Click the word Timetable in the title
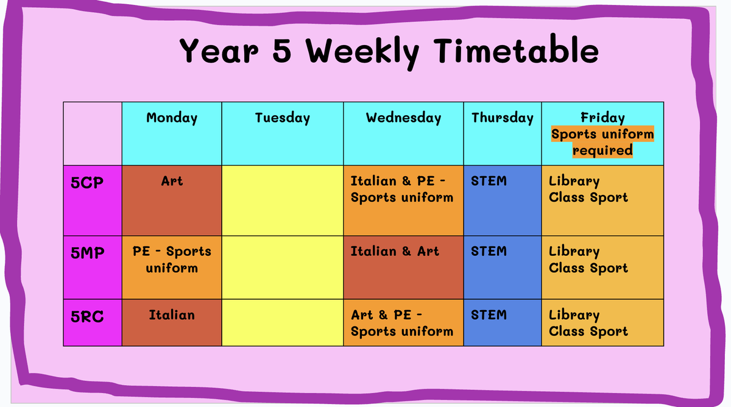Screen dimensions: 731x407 [x=517, y=51]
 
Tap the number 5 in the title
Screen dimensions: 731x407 [x=281, y=51]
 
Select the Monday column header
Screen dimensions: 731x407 [x=172, y=118]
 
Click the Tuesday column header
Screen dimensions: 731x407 [x=282, y=118]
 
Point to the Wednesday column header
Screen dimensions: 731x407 [x=403, y=118]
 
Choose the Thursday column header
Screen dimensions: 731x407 [x=503, y=118]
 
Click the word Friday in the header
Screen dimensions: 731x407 [x=602, y=118]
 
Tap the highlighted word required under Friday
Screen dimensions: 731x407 [x=602, y=150]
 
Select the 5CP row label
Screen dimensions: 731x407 [x=87, y=182]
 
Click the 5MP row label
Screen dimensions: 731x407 [x=88, y=253]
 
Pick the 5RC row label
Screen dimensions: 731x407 [x=87, y=317]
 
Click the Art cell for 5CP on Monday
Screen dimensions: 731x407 [x=172, y=200]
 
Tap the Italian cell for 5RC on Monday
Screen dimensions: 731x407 [x=172, y=322]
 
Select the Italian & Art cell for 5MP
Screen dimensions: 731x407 [x=403, y=267]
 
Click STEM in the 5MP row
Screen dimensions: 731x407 [x=489, y=251]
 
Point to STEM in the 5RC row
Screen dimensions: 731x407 [x=489, y=315]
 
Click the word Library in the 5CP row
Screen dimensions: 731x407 [x=574, y=182]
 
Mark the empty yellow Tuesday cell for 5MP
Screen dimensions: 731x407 [x=282, y=267]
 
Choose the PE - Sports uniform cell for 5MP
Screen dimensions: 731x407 [x=172, y=267]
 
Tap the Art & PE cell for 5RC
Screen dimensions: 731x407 [x=403, y=322]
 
